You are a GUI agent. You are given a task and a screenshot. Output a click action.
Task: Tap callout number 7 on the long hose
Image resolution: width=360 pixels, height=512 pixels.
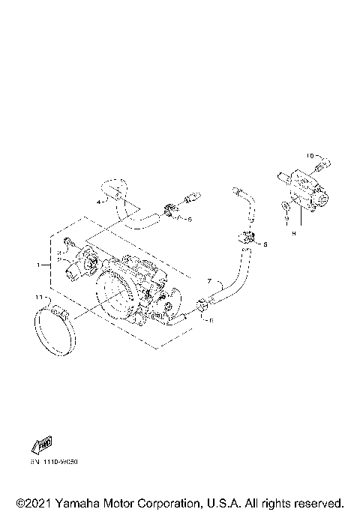coord(209,280)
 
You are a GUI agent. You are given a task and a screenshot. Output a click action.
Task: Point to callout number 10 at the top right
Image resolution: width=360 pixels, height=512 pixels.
coord(309,155)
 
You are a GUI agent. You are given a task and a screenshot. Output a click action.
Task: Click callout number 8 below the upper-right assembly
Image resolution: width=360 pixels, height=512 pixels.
coord(293,233)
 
